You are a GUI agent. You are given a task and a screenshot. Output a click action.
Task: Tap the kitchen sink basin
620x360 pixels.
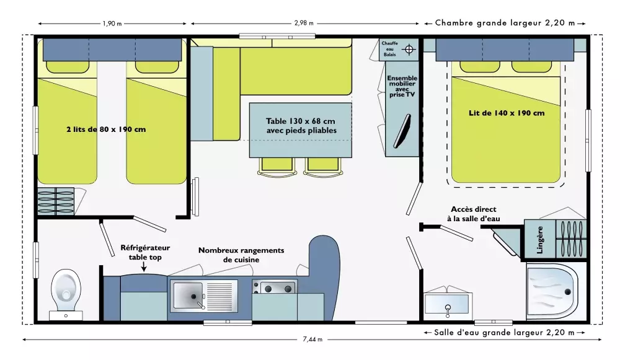click(188, 296)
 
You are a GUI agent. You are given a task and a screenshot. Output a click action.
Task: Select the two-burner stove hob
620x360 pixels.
click(275, 288)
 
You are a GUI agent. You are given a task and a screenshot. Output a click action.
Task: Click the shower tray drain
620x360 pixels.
click(568, 292)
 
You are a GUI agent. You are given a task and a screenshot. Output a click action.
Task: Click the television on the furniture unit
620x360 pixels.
click(402, 131)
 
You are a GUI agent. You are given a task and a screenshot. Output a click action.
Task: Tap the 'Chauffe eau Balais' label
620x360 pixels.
click(389, 49)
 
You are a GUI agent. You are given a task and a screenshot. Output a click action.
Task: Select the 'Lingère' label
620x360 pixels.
click(540, 240)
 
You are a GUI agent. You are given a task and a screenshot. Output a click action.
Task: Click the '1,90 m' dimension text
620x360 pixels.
click(112, 24)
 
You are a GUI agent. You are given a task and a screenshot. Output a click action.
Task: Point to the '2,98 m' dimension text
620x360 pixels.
click(304, 24)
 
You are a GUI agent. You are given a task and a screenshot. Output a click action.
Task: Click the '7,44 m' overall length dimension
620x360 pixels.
click(312, 340)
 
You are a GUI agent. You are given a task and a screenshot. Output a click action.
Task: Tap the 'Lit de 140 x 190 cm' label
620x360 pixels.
click(507, 113)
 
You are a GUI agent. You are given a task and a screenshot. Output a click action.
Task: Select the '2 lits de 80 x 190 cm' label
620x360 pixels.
click(106, 130)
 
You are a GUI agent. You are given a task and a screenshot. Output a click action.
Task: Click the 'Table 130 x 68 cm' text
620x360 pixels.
click(301, 121)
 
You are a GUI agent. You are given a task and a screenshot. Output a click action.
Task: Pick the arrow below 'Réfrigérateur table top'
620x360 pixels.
click(144, 267)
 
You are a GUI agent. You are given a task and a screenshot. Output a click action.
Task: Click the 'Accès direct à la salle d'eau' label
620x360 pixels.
click(474, 214)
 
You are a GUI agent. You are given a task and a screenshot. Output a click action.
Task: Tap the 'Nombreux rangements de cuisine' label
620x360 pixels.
click(241, 255)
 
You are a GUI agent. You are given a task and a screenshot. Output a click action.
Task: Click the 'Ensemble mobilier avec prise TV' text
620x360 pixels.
click(402, 86)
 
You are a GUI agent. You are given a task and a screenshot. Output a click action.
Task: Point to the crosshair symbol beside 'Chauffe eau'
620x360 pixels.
click(409, 50)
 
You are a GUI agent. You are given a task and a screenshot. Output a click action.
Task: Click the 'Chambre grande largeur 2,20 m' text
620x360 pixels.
click(505, 23)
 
